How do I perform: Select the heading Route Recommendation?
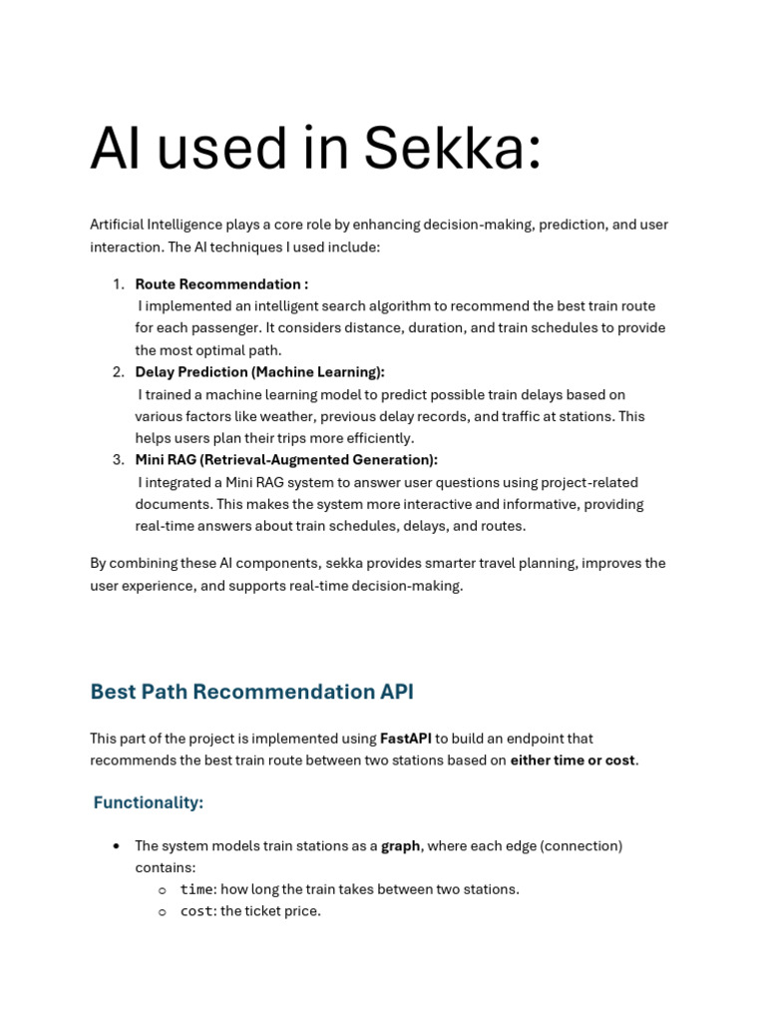[x=221, y=284]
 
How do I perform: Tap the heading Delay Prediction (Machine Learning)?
[x=259, y=372]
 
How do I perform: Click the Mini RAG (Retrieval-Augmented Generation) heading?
[x=286, y=460]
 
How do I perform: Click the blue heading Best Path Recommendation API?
[x=251, y=692]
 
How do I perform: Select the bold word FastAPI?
[x=405, y=739]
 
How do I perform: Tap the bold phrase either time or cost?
[x=573, y=761]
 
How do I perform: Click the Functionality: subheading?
[x=148, y=802]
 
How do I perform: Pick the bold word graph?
[x=400, y=846]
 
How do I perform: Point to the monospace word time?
[x=196, y=889]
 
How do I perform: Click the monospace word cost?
[x=196, y=911]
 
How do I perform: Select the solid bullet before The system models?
[x=117, y=846]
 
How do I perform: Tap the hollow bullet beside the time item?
[x=162, y=889]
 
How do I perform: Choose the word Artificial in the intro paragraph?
[x=117, y=225]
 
